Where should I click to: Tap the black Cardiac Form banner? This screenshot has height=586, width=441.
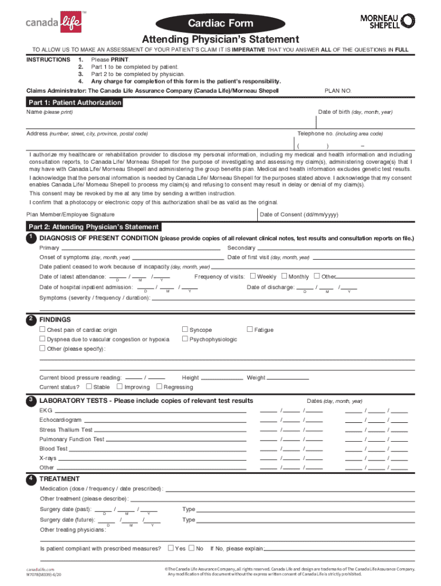(220, 23)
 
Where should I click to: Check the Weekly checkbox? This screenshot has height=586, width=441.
(253, 276)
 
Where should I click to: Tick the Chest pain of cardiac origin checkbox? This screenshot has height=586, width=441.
(42, 330)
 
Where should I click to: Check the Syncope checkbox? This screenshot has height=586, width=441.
(185, 329)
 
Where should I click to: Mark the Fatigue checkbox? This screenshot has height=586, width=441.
(250, 329)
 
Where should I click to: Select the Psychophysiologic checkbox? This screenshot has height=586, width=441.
(185, 339)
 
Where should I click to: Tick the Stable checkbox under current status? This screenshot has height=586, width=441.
(89, 387)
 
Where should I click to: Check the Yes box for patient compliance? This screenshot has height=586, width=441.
(171, 548)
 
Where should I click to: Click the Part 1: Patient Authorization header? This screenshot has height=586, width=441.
(75, 102)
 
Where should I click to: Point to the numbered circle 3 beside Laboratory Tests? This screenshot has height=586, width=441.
(30, 399)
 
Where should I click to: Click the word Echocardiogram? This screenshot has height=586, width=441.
(61, 420)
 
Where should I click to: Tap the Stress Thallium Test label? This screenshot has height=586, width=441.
(66, 430)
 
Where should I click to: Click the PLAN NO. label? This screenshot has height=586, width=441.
(338, 90)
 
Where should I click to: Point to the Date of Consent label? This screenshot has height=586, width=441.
(299, 215)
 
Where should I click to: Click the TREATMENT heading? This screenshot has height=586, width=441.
(60, 479)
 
